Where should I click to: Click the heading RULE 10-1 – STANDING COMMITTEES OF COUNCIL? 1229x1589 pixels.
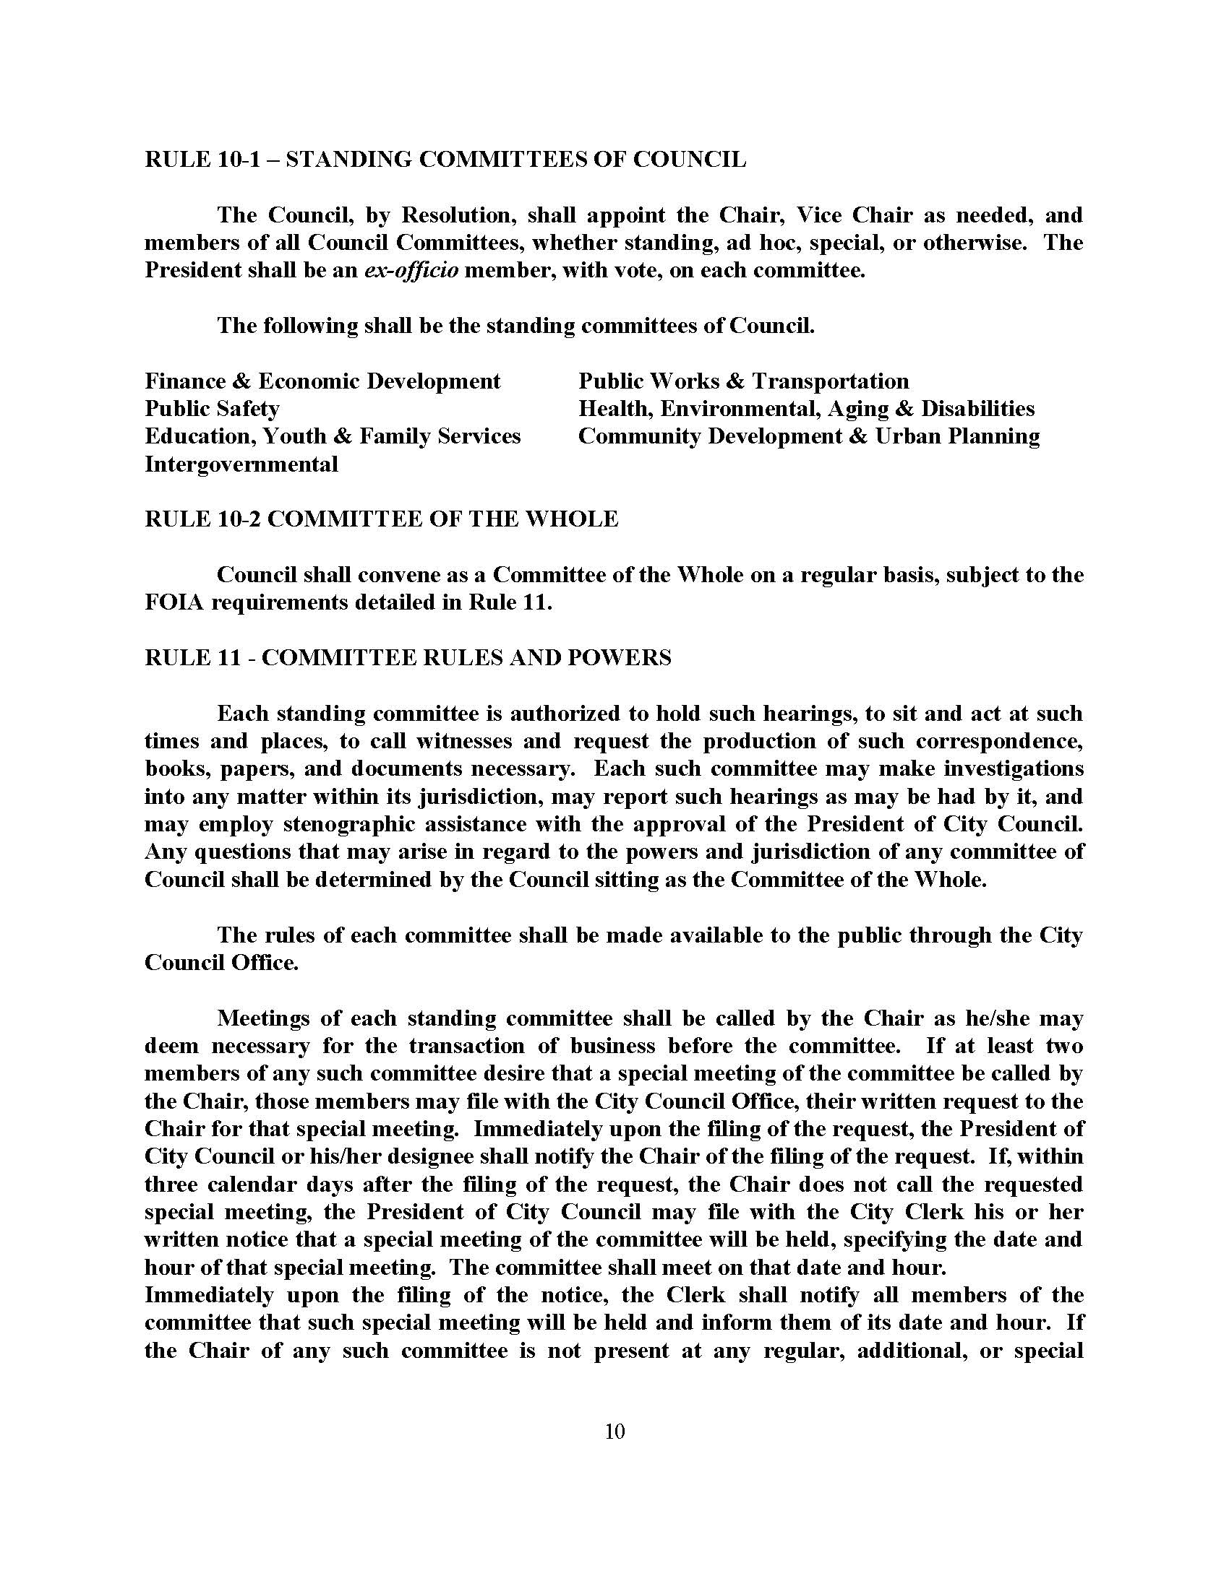pos(445,160)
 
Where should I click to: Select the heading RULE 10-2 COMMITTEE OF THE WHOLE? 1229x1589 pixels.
pos(381,519)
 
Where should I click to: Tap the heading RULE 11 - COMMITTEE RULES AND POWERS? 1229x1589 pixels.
pos(408,658)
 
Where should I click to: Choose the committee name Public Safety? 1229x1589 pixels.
pos(212,409)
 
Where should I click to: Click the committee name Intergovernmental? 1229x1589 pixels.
pos(241,464)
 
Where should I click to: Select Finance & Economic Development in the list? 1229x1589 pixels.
pos(322,381)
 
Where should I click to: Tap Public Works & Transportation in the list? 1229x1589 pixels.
pos(743,381)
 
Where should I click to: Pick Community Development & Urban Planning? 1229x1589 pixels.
pos(809,436)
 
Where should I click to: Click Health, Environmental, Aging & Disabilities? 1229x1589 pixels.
pos(806,409)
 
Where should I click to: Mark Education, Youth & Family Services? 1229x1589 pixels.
pos(333,436)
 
